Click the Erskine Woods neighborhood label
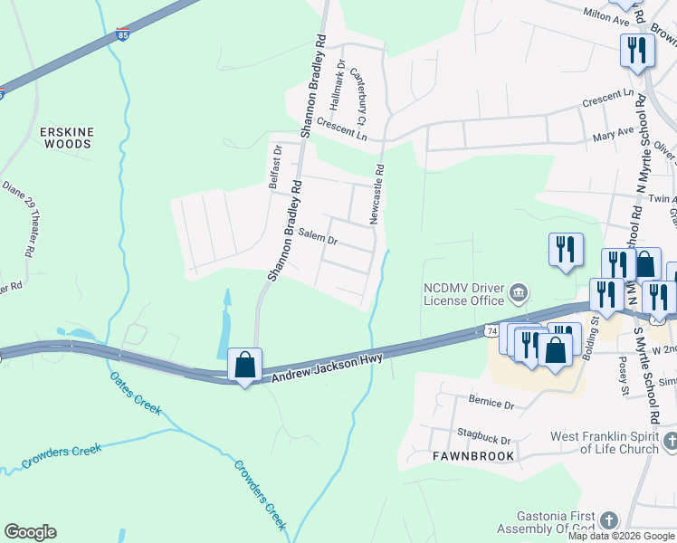pyautogui.click(x=66, y=138)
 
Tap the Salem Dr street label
pyautogui.click(x=318, y=241)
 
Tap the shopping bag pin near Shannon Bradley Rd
pyautogui.click(x=244, y=366)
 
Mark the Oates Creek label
pyautogui.click(x=136, y=394)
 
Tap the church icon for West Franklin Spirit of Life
pyautogui.click(x=670, y=441)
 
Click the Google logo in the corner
pyautogui.click(x=30, y=532)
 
